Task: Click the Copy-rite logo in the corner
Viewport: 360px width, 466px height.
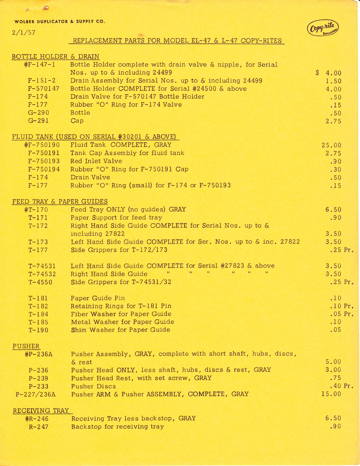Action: tap(323, 28)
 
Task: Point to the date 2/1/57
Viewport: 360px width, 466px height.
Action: tap(23, 32)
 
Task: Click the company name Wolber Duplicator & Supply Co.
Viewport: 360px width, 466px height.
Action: tap(60, 22)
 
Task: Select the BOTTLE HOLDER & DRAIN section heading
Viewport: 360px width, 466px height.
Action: tap(55, 57)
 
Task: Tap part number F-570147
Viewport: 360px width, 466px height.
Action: tap(44, 89)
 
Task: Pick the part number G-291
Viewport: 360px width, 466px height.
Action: tap(38, 121)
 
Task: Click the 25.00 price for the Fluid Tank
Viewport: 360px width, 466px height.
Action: tap(331, 145)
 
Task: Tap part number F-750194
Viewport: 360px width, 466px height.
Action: tap(44, 169)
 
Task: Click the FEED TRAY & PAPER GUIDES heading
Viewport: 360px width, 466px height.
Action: tap(60, 202)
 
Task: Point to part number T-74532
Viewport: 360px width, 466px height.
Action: tap(42, 274)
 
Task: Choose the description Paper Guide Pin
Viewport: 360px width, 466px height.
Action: tap(98, 298)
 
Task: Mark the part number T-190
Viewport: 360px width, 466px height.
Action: tap(38, 330)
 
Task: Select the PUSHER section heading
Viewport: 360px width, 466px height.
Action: tap(26, 346)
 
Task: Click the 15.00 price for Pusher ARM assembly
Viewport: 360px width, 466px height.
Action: tap(331, 394)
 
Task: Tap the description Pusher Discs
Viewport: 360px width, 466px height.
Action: tap(94, 386)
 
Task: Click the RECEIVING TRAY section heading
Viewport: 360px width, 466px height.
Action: tap(41, 411)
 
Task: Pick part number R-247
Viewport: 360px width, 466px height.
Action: tap(39, 427)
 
